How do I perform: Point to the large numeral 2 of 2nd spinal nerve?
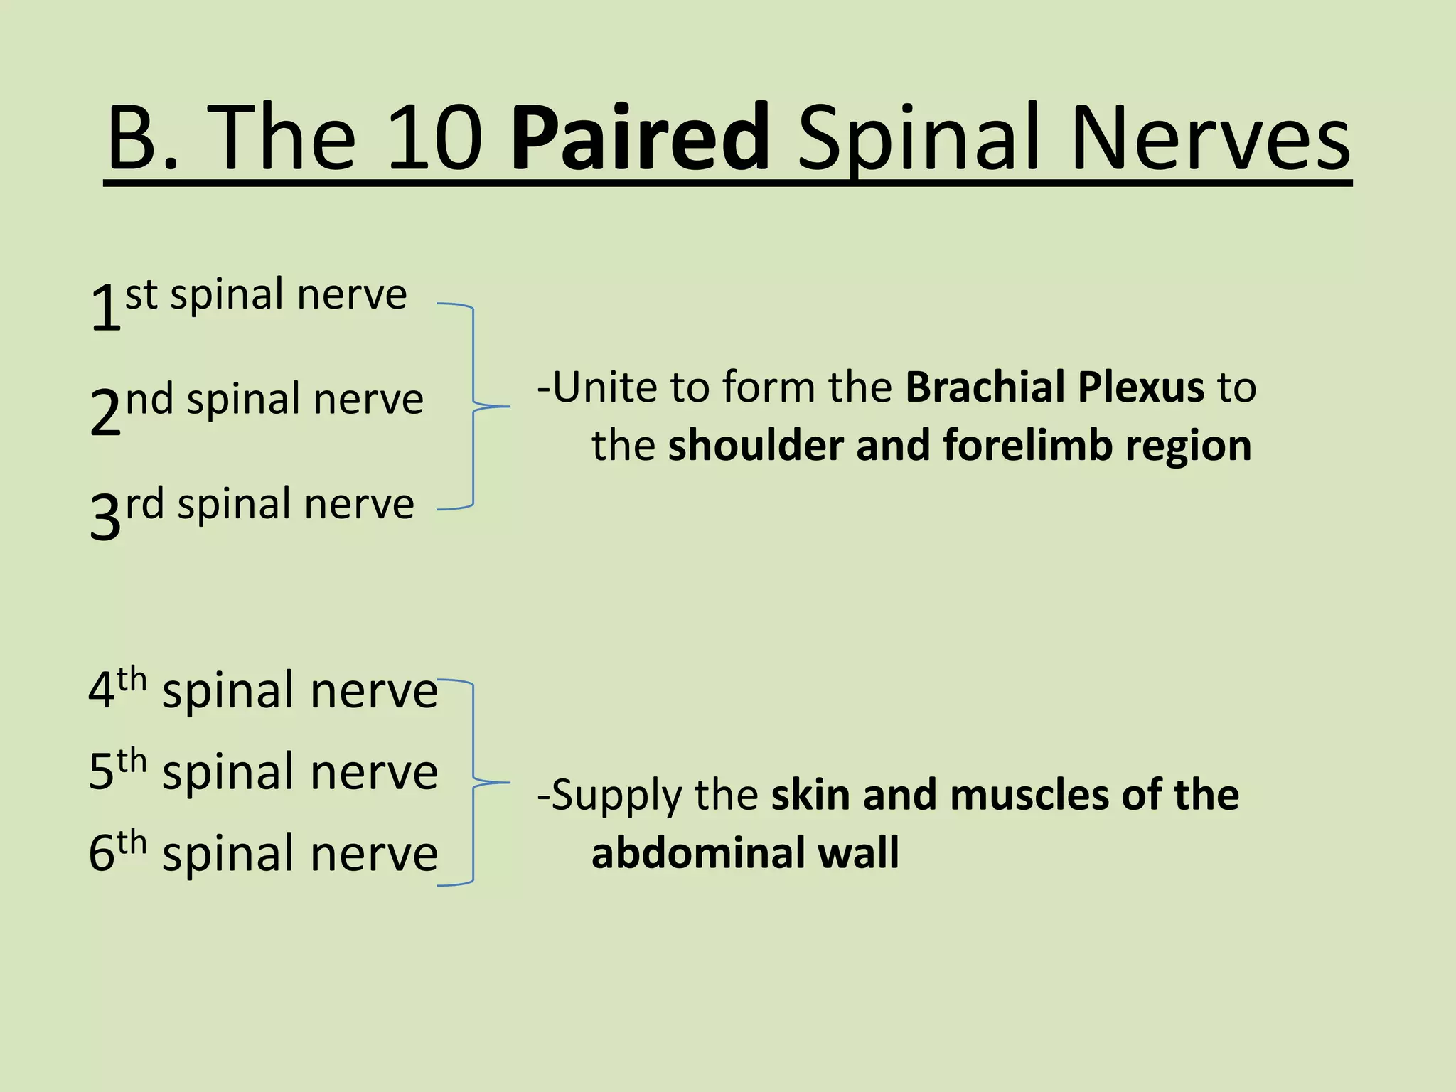(x=105, y=412)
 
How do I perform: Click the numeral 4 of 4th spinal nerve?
(x=101, y=690)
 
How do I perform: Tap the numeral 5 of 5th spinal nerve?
(x=101, y=772)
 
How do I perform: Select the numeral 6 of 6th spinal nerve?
(x=101, y=853)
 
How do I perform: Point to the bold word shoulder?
(x=754, y=446)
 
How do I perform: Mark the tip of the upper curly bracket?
(x=509, y=406)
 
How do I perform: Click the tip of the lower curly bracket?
(x=509, y=783)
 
